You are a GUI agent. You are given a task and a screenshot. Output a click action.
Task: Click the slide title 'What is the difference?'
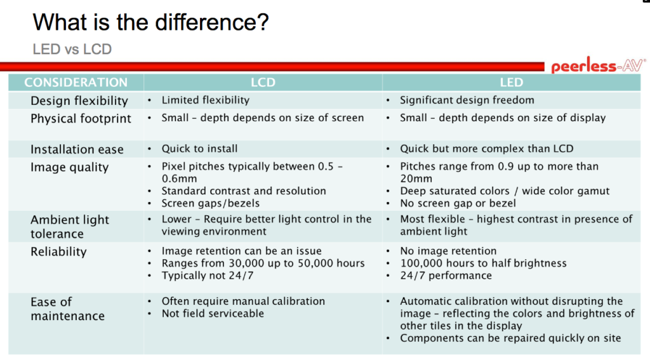click(x=151, y=22)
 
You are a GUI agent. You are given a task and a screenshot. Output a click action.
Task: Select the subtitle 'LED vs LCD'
click(x=72, y=50)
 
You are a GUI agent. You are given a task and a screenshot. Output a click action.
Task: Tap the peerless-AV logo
click(x=598, y=65)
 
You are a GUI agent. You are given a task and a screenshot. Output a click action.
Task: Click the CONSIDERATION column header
click(x=76, y=83)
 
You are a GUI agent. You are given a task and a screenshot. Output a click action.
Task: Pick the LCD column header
click(x=263, y=83)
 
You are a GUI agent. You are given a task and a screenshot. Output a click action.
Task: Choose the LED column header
click(x=511, y=83)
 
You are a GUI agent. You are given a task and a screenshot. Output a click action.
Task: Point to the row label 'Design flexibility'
click(x=79, y=101)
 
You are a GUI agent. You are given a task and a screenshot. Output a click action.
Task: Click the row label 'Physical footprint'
click(x=81, y=119)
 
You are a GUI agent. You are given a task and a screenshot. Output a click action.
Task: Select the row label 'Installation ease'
click(x=77, y=149)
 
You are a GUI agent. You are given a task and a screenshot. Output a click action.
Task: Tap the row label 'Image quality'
click(x=70, y=167)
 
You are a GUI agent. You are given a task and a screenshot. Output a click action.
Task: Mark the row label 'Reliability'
click(x=58, y=252)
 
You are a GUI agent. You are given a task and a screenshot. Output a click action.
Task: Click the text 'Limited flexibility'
click(x=206, y=100)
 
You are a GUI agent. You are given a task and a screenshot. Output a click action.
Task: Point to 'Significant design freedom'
click(x=467, y=100)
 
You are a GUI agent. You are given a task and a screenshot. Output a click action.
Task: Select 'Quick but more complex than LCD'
click(x=487, y=149)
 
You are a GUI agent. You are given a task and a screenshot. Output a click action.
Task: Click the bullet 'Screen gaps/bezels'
click(x=211, y=203)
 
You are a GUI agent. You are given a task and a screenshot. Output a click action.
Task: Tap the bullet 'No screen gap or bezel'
click(x=458, y=203)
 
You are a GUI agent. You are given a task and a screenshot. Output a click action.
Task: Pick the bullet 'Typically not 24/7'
click(x=208, y=276)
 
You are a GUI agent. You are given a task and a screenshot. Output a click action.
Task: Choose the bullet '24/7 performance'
click(x=446, y=276)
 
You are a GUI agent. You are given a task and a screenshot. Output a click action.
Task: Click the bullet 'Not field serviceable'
click(x=213, y=314)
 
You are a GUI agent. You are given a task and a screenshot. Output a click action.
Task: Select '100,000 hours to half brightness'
click(x=483, y=263)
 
